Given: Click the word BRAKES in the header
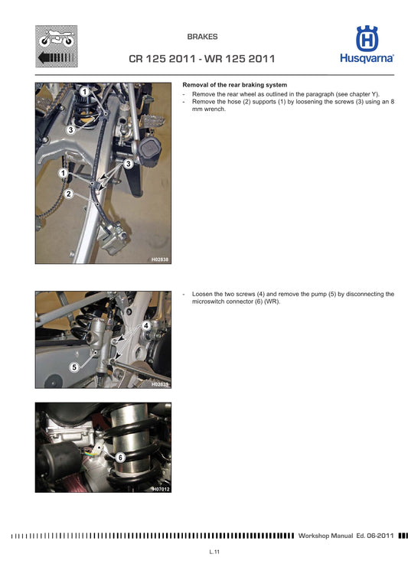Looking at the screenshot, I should [x=203, y=36].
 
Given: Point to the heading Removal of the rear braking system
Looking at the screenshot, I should [x=234, y=84].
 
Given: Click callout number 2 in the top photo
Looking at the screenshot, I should [x=69, y=194].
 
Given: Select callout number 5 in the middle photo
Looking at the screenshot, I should [x=74, y=367].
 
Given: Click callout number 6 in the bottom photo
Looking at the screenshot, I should [x=120, y=457].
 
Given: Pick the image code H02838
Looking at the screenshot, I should [x=159, y=260].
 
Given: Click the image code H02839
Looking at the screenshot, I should [x=159, y=384].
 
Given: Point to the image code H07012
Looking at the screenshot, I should [x=159, y=488].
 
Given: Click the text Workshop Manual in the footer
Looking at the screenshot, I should [x=325, y=536].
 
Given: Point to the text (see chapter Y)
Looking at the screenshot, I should [x=354, y=93].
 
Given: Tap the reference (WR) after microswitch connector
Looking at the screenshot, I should [x=272, y=302].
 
